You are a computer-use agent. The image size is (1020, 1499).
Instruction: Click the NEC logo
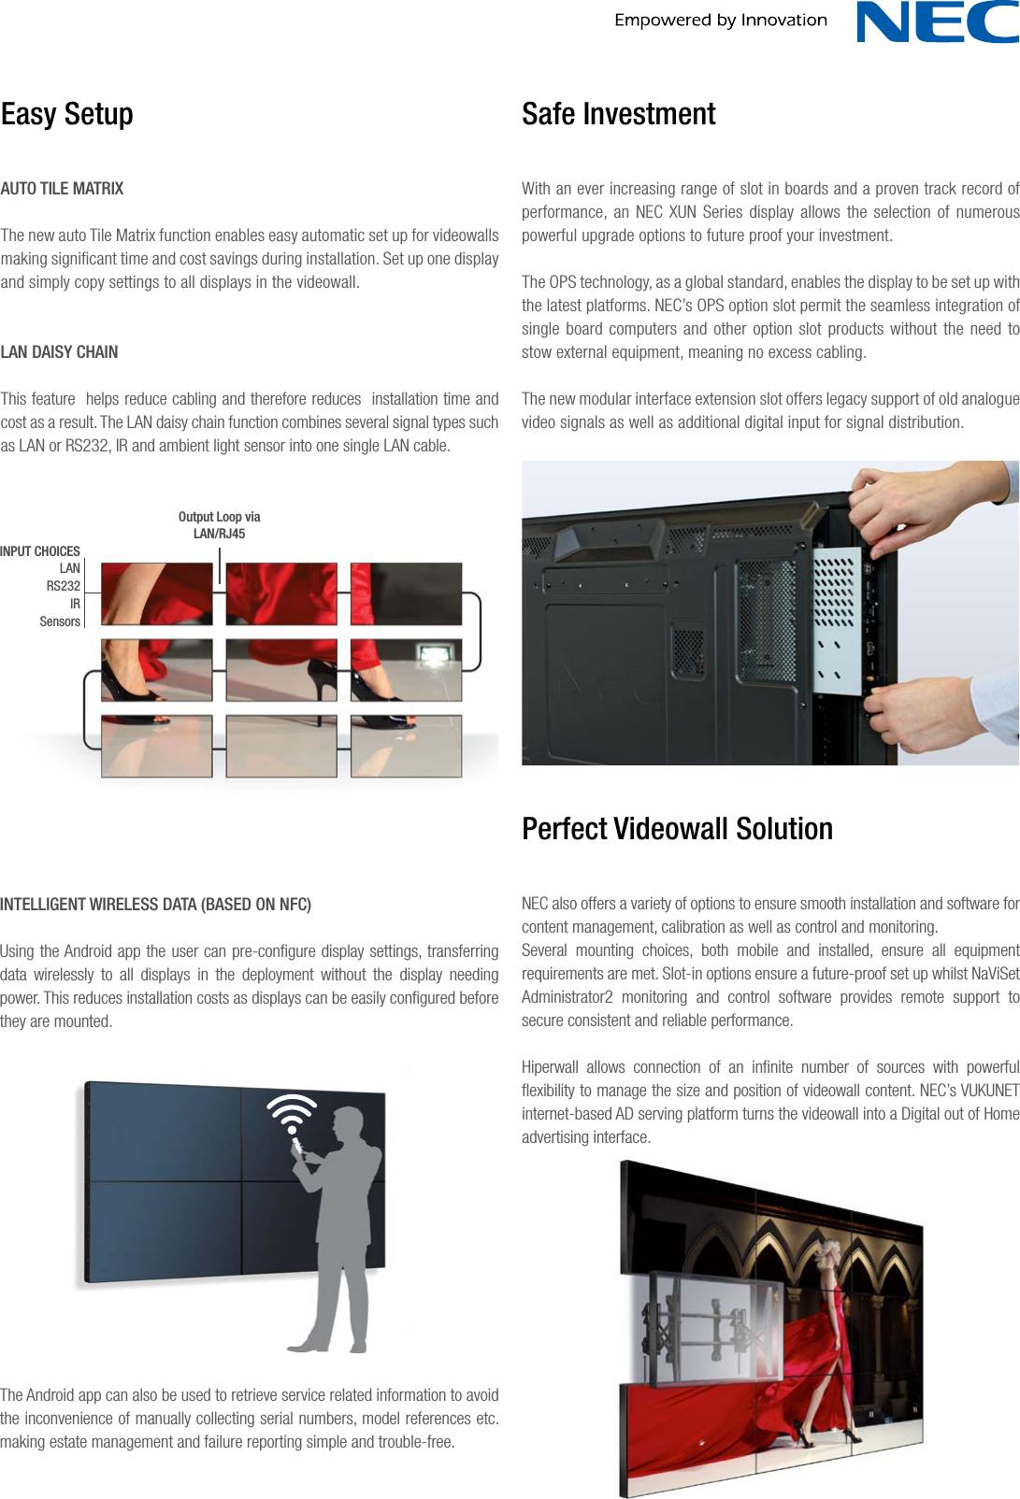pos(937,22)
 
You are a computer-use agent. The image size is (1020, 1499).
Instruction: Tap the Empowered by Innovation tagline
pos(720,20)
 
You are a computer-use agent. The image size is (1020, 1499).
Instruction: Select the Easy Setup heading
pos(67,114)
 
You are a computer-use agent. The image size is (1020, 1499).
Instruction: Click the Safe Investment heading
pos(618,114)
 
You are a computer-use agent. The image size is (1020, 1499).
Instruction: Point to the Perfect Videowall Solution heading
pos(677,829)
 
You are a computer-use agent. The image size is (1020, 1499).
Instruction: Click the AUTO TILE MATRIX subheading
pos(62,189)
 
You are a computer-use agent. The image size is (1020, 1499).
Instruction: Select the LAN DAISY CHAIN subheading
pos(59,352)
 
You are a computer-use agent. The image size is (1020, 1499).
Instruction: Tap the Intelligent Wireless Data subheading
pos(155,905)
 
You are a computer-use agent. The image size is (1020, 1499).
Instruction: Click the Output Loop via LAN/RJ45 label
pos(219,525)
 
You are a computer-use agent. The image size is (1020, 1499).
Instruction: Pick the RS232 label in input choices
pos(64,586)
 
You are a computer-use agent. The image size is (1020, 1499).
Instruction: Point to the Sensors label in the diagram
pos(60,621)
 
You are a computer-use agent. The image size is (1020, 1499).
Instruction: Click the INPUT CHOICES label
pos(40,551)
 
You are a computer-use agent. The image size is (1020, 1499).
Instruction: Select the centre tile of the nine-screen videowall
pos(280,670)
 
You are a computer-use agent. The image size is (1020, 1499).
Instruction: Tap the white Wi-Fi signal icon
pos(292,1113)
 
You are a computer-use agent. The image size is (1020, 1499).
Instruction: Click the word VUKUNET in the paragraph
pos(989,1091)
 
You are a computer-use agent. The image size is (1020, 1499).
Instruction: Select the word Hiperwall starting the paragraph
pos(550,1067)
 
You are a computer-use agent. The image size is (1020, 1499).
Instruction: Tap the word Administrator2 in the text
pos(567,997)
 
